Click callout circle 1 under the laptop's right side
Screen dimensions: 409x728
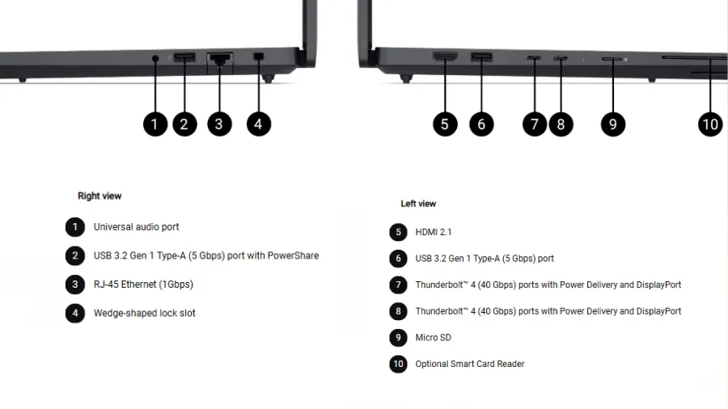click(x=155, y=124)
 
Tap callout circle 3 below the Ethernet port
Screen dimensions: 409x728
click(x=218, y=124)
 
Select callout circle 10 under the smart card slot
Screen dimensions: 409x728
click(x=710, y=124)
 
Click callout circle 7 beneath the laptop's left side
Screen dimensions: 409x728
click(x=534, y=124)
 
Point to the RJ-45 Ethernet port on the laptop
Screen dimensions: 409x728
click(x=219, y=57)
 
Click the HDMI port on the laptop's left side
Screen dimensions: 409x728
click(x=445, y=57)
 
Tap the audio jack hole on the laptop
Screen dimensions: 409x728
click(x=155, y=57)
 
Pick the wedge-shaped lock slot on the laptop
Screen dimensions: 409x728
click(x=259, y=57)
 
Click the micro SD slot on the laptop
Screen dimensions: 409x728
click(x=612, y=59)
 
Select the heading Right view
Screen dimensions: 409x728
click(x=99, y=196)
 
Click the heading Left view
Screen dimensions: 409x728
click(x=418, y=204)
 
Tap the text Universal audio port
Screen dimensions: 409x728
click(x=136, y=227)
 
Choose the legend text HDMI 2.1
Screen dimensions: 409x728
click(x=434, y=232)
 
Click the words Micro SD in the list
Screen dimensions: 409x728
click(x=433, y=337)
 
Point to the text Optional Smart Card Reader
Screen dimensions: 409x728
click(x=469, y=364)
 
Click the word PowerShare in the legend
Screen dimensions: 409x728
click(x=293, y=255)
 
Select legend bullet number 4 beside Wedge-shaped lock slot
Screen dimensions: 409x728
click(x=75, y=313)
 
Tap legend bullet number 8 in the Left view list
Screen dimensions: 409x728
click(x=398, y=311)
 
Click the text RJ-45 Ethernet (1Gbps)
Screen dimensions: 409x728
click(x=143, y=285)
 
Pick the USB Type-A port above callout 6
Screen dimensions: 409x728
click(x=482, y=57)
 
